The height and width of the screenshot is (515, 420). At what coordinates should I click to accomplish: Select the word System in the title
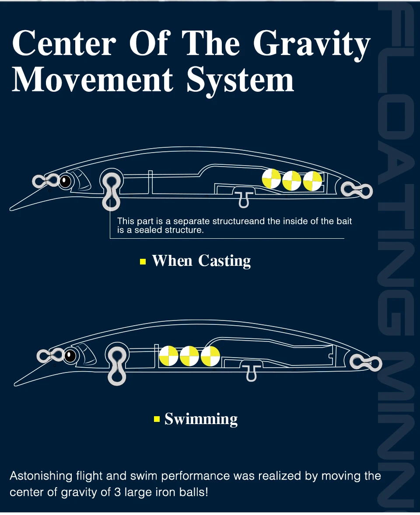click(240, 80)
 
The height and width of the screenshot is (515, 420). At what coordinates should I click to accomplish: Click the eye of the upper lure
click(65, 181)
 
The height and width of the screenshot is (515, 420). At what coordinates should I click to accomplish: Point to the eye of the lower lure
click(70, 356)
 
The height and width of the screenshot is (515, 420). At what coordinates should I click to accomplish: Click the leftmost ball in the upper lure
click(271, 179)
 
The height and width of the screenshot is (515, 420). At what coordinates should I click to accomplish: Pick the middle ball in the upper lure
click(292, 181)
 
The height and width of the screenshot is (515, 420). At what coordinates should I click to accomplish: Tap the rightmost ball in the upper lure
click(312, 181)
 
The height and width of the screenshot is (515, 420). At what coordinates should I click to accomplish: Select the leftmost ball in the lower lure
click(169, 355)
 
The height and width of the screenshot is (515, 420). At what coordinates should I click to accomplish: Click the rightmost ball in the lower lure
click(210, 356)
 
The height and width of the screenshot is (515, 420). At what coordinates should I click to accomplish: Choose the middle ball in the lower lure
click(189, 356)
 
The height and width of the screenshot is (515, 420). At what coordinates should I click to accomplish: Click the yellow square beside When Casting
click(143, 262)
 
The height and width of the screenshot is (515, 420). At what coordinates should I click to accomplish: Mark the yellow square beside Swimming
click(157, 419)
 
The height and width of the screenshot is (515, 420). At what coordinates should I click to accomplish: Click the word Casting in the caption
click(224, 261)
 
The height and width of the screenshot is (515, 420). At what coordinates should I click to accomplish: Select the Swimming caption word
click(201, 419)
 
